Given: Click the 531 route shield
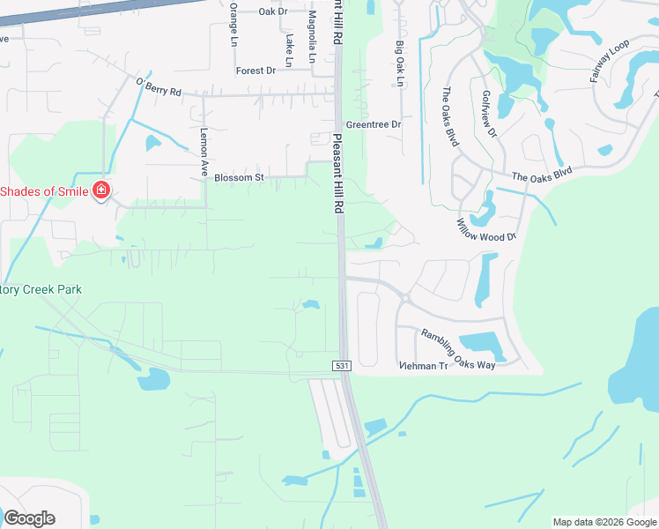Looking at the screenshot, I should [344, 365].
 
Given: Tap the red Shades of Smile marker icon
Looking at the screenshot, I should [101, 191].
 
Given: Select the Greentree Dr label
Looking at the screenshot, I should [373, 125].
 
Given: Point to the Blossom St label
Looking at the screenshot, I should [239, 177].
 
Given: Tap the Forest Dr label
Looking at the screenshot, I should [255, 71].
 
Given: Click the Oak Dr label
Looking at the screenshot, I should [273, 11].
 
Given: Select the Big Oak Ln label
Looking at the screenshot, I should [399, 63].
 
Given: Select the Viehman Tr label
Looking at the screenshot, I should [424, 366].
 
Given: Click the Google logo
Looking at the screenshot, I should [29, 518].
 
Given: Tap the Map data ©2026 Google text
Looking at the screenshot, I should [604, 522].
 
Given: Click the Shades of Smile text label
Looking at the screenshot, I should [44, 191].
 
